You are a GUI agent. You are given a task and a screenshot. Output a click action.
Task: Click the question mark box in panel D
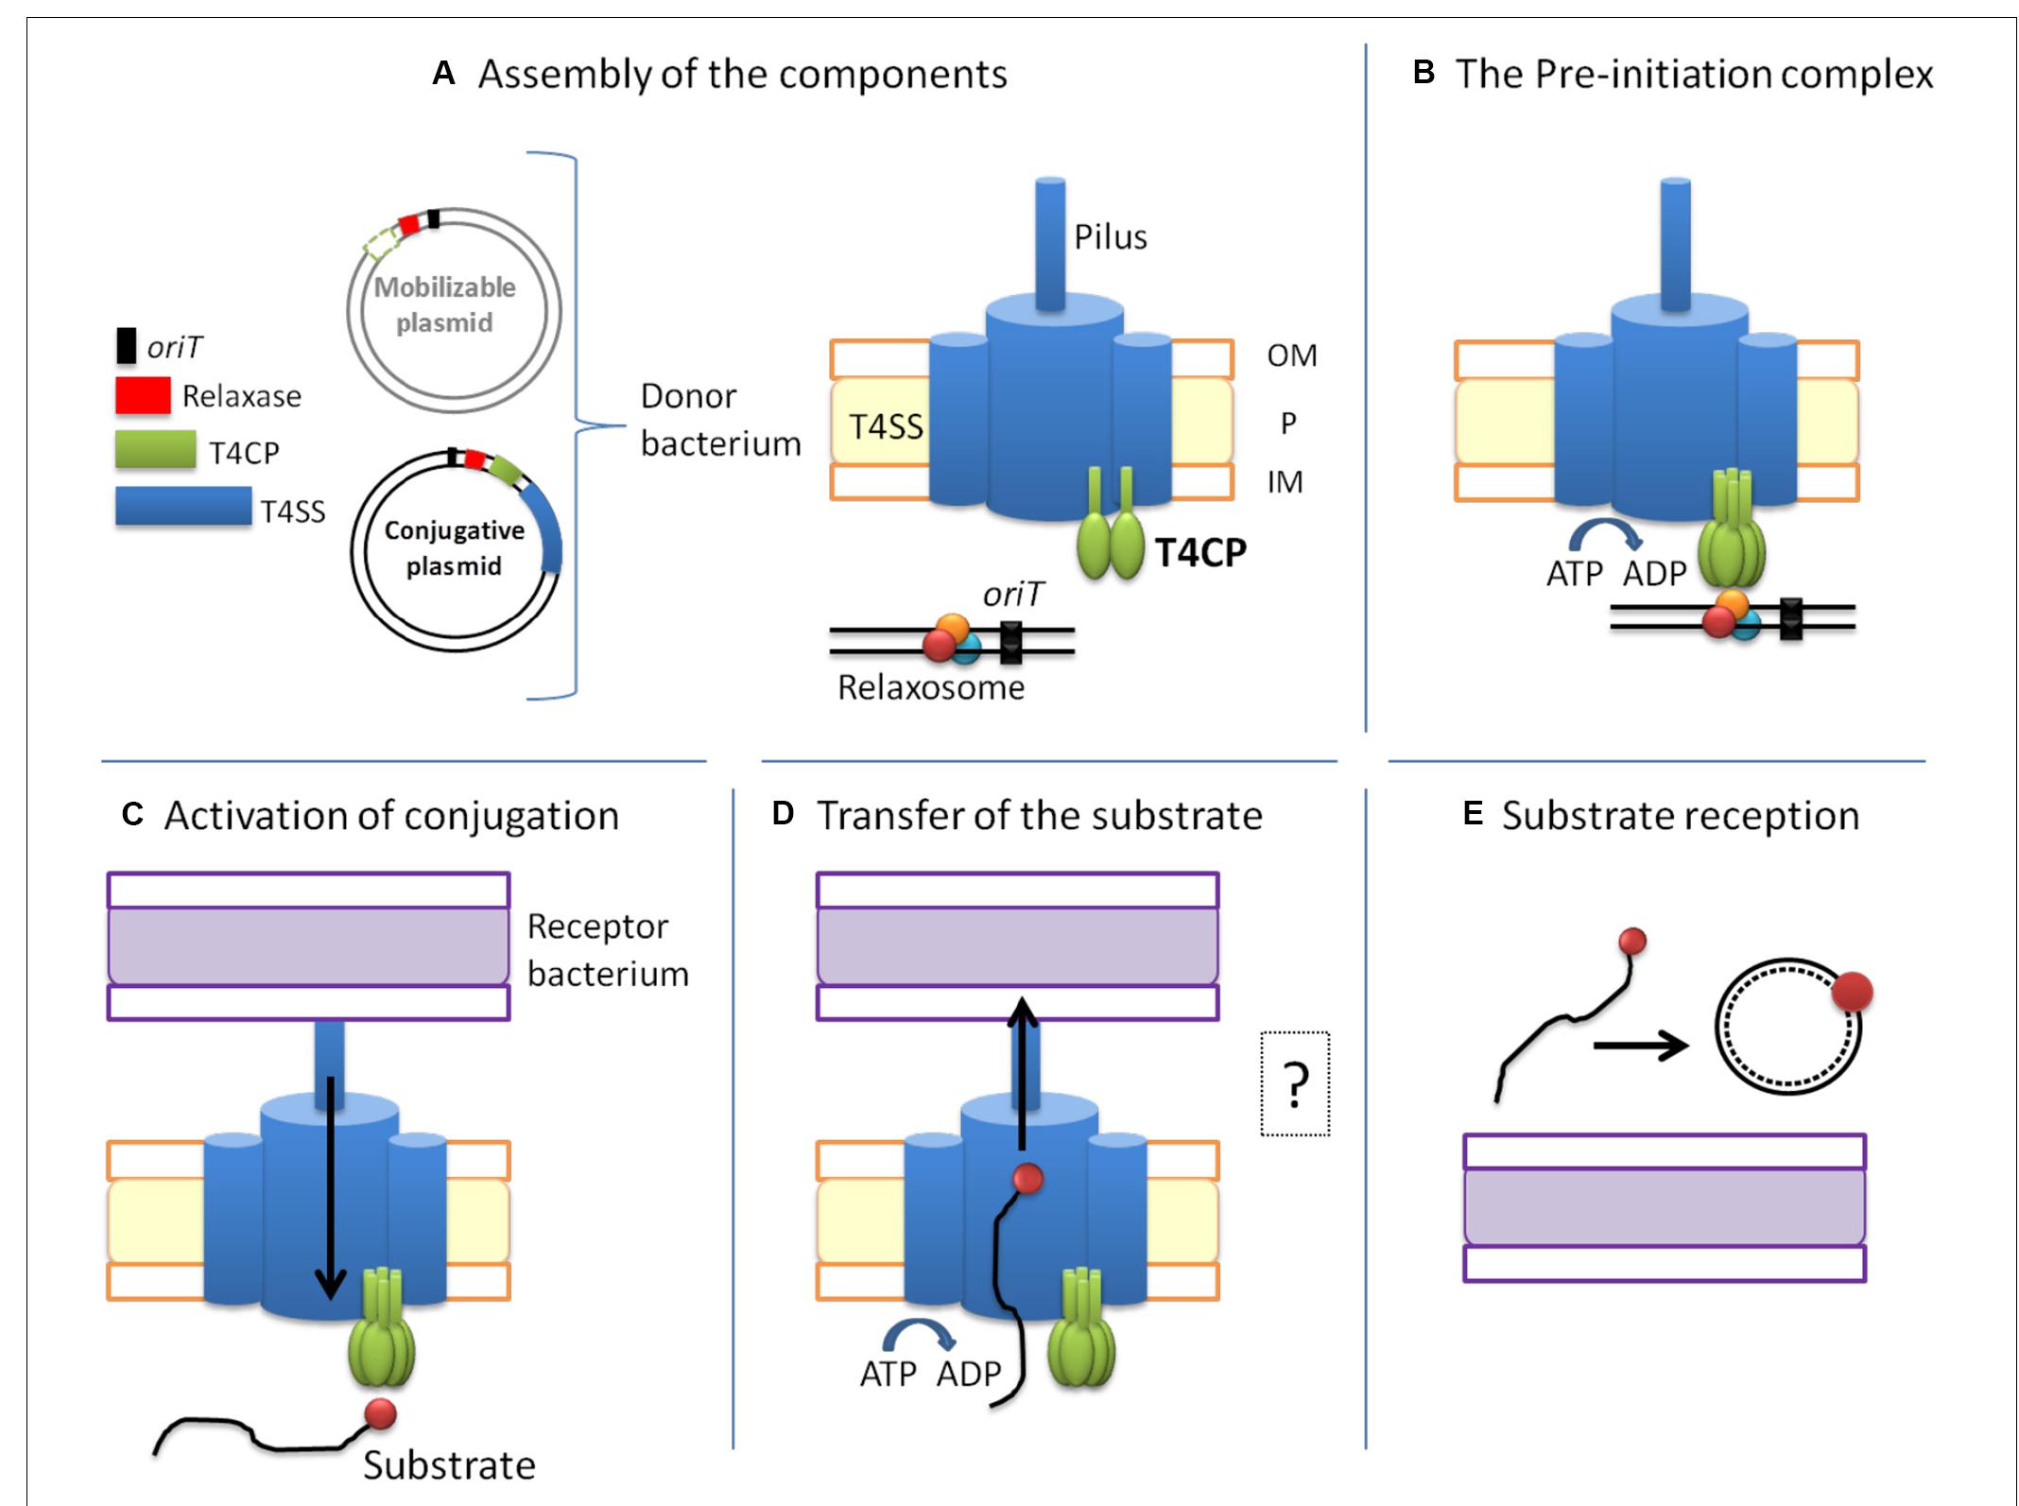(1295, 1083)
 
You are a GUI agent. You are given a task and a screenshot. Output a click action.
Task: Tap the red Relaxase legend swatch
(143, 395)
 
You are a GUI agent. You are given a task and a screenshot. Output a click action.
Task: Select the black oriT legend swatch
(126, 346)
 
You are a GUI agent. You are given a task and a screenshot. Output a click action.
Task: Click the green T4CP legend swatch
(155, 450)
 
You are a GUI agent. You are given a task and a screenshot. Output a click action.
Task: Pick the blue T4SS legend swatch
(182, 506)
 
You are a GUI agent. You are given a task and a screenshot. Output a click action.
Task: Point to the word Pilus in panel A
(1110, 237)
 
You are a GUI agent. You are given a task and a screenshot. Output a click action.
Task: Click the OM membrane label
(1291, 355)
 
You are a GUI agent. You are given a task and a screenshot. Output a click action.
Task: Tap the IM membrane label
(1285, 482)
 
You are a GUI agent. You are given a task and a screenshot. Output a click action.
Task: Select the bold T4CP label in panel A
(1200, 552)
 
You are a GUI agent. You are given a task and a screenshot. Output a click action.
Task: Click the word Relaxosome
(930, 687)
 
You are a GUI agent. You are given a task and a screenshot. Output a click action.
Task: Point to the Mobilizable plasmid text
(445, 304)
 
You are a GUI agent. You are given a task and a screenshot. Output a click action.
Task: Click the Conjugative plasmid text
(455, 548)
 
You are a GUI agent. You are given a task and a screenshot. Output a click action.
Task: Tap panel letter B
(1424, 73)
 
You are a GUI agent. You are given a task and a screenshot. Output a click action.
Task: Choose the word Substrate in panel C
(449, 1465)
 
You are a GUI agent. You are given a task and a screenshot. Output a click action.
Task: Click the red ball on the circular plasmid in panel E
(1852, 994)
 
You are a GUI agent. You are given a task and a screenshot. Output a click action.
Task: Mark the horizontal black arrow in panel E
(1640, 1047)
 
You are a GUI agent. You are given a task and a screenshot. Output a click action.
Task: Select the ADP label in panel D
(968, 1374)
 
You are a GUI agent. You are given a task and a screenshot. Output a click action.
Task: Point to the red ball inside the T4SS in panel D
(1027, 1179)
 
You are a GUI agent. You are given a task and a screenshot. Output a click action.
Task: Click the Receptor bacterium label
(607, 950)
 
